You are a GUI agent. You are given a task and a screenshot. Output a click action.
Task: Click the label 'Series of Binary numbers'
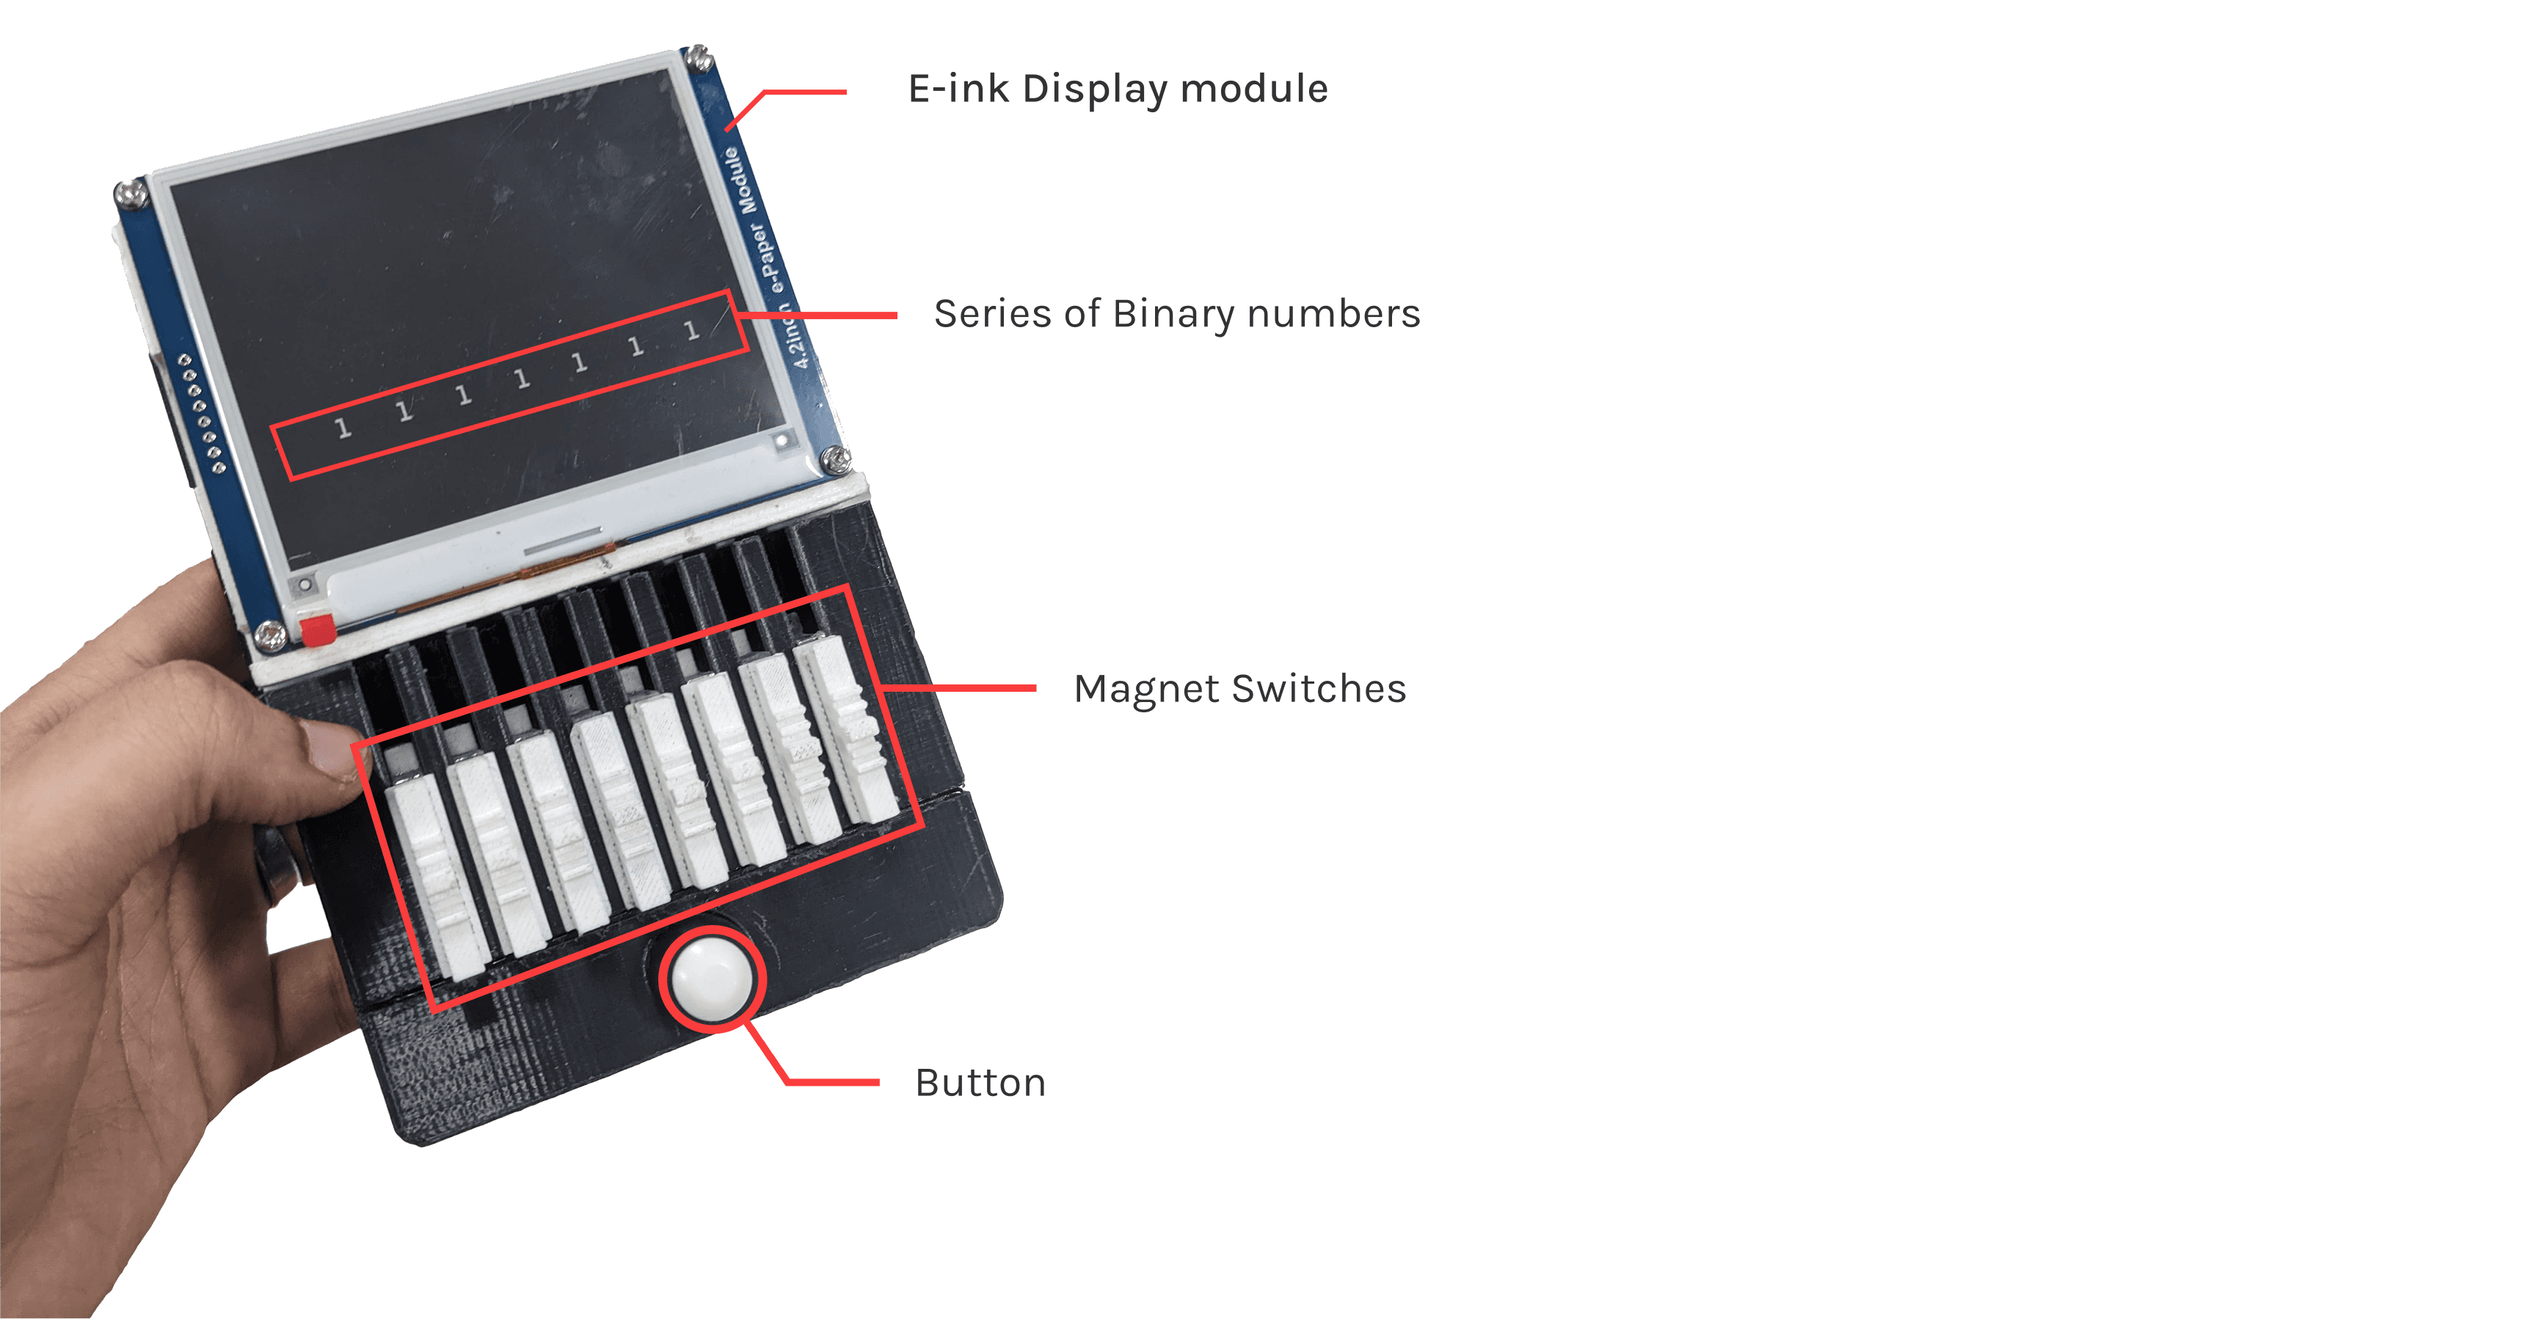(x=1176, y=314)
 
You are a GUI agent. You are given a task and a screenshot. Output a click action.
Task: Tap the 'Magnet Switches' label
(x=1239, y=689)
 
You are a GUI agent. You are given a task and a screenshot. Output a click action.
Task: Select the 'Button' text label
(x=980, y=1083)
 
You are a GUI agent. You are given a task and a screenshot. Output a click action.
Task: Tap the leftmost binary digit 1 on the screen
(x=343, y=427)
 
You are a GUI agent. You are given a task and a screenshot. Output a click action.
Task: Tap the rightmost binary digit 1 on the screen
(x=692, y=331)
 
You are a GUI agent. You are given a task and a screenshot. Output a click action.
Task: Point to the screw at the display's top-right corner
(x=698, y=59)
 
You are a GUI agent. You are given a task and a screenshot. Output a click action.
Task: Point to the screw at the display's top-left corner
(x=131, y=194)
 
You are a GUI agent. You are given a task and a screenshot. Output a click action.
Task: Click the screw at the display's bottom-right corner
(x=835, y=459)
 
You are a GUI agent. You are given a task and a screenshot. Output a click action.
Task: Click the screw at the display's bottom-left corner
(x=270, y=636)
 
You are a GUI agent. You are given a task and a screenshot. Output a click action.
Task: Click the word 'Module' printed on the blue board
(x=742, y=180)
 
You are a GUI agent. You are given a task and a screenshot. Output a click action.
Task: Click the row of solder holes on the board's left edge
(x=201, y=413)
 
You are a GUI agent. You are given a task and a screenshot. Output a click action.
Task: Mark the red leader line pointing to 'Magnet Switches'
(x=958, y=688)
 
